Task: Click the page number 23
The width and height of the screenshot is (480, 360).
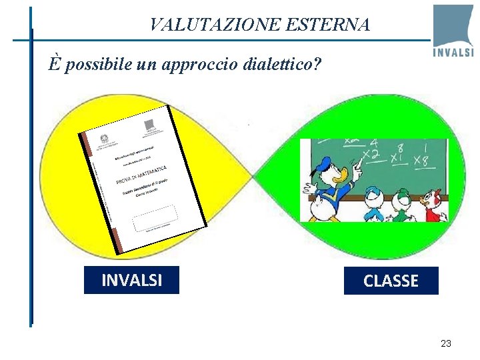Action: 446,343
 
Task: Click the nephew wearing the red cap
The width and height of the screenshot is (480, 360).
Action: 435,203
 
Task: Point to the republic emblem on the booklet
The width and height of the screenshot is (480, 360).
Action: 106,141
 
